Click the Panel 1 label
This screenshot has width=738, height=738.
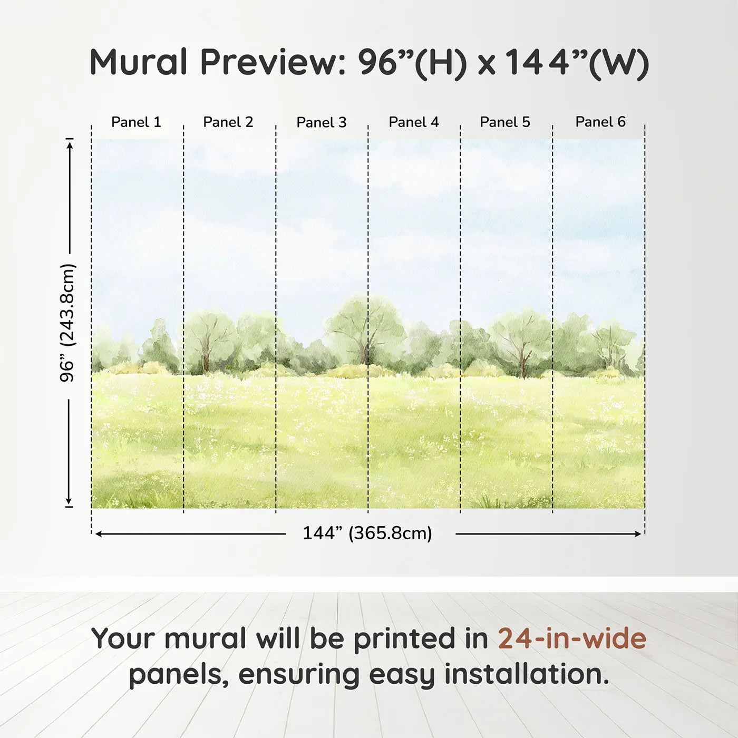click(136, 122)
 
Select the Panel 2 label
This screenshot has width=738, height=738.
click(228, 122)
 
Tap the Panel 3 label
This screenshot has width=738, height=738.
click(321, 122)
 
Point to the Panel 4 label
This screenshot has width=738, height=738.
click(413, 122)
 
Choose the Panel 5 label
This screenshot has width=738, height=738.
click(504, 122)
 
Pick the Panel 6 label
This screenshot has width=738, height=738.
click(600, 122)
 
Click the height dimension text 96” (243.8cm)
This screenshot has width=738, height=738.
click(67, 323)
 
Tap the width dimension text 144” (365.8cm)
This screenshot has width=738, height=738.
click(367, 533)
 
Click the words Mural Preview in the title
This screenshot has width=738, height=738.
click(217, 62)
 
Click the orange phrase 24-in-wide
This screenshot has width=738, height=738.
click(572, 639)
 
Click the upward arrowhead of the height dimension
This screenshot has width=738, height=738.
click(69, 144)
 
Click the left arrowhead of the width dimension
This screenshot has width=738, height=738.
click(99, 534)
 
